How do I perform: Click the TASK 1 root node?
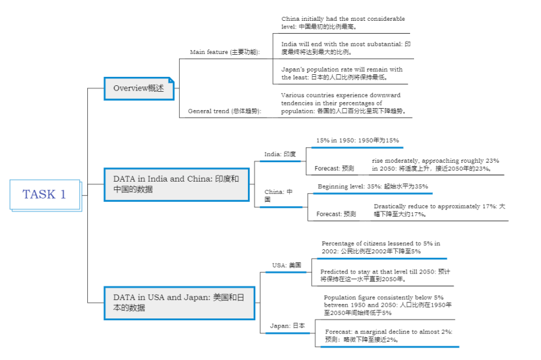pyautogui.click(x=44, y=194)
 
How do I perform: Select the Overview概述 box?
pyautogui.click(x=139, y=89)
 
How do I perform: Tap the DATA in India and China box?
pyautogui.click(x=176, y=184)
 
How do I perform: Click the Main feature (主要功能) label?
pyautogui.click(x=225, y=52)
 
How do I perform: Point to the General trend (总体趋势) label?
pyautogui.click(x=225, y=111)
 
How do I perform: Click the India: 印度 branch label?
pyautogui.click(x=280, y=154)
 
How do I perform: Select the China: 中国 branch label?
pyautogui.click(x=279, y=195)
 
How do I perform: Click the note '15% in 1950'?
pyautogui.click(x=357, y=140)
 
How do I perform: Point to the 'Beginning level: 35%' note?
pyautogui.click(x=372, y=187)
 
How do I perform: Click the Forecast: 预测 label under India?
pyautogui.click(x=334, y=169)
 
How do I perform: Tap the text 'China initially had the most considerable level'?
pyautogui.click(x=343, y=23)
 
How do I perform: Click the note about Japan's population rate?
pyautogui.click(x=342, y=73)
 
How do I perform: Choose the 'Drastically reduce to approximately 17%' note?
pyautogui.click(x=439, y=210)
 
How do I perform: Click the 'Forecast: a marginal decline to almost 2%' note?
pyautogui.click(x=389, y=335)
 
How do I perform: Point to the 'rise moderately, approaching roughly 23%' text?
pyautogui.click(x=435, y=164)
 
